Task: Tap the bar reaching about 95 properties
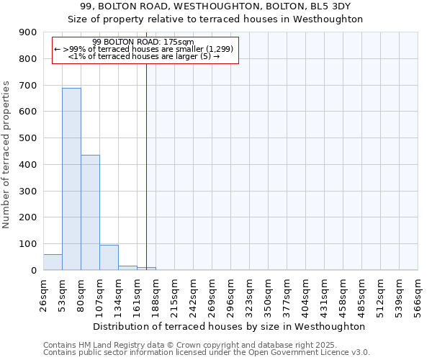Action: point(109,257)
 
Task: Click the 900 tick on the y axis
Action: point(27,32)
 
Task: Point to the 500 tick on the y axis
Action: point(27,138)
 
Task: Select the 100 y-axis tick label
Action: point(27,244)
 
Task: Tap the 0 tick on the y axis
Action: point(33,271)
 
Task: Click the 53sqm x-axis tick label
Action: point(63,294)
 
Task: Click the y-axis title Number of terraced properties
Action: point(7,155)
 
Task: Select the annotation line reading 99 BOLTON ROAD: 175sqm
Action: point(143,42)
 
